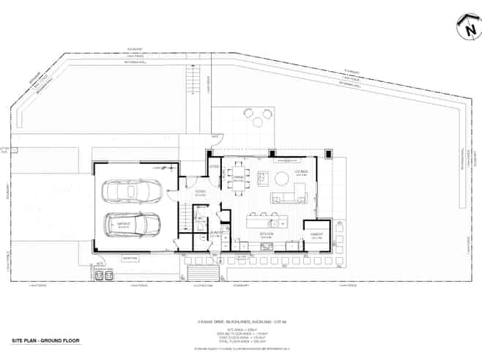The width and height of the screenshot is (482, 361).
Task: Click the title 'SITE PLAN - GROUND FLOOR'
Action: tap(45, 341)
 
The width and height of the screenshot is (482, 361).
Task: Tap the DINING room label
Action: tap(238, 178)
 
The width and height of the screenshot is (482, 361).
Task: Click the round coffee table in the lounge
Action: tap(282, 177)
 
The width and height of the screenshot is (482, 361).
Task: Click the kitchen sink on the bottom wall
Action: tap(265, 248)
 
